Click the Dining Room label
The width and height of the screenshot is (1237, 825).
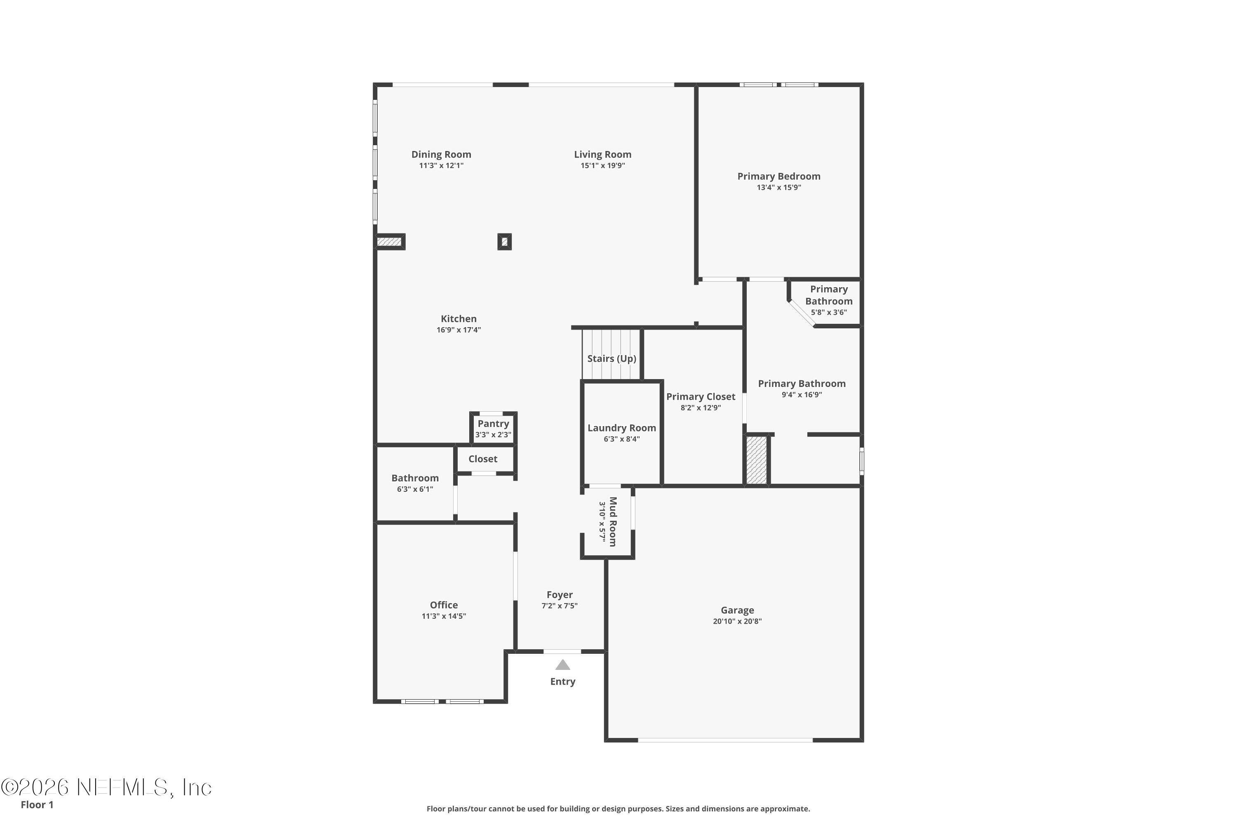point(441,154)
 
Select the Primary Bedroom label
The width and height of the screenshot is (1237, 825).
point(778,176)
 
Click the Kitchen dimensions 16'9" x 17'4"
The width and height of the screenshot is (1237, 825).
point(458,330)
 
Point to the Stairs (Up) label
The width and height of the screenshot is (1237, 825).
point(611,358)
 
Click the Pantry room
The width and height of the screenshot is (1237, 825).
point(493,428)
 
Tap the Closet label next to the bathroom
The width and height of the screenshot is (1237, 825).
point(482,459)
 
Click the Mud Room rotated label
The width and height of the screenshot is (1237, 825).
point(613,521)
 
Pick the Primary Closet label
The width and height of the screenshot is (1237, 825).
point(700,397)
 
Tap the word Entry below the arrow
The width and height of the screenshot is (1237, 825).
point(562,681)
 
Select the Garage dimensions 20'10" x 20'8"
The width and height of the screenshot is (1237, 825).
point(737,621)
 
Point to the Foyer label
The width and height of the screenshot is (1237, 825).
point(559,594)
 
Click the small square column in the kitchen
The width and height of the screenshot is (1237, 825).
point(504,241)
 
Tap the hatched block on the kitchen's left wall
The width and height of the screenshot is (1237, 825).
point(389,241)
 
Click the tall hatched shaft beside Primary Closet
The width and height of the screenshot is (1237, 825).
point(756,460)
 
